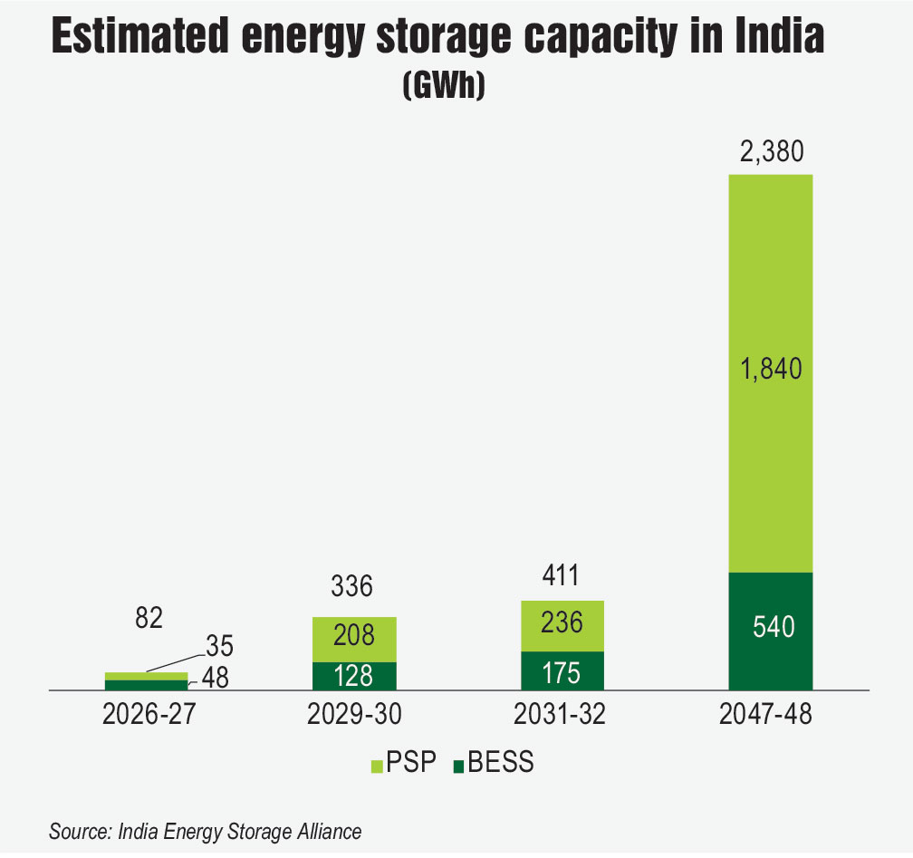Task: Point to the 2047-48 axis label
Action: (769, 716)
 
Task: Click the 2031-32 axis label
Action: (561, 716)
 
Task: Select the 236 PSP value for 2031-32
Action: (561, 623)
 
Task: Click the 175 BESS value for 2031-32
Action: (561, 671)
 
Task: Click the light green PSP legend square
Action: (380, 765)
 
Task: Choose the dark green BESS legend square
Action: (458, 766)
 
